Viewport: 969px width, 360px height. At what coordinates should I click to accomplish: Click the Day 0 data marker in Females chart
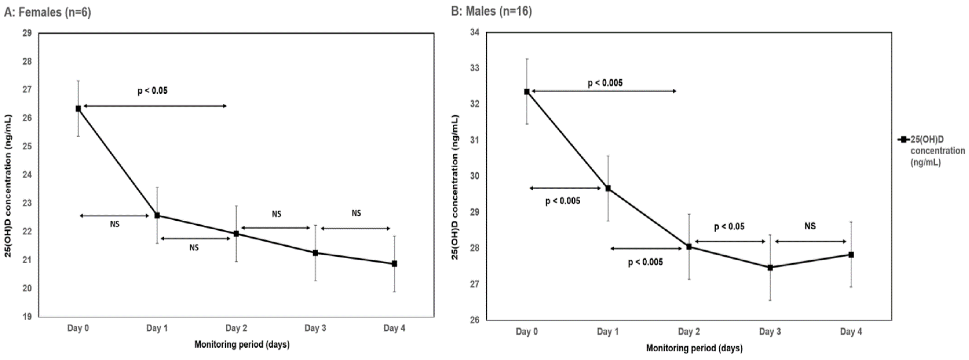pyautogui.click(x=78, y=109)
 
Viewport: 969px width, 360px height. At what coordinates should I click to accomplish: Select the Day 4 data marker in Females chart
pyautogui.click(x=394, y=264)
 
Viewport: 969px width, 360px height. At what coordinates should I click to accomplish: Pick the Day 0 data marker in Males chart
pyautogui.click(x=527, y=91)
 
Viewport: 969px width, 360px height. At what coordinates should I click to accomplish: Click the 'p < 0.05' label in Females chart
pyautogui.click(x=152, y=91)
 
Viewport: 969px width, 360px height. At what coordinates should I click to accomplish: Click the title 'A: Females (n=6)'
pyautogui.click(x=48, y=12)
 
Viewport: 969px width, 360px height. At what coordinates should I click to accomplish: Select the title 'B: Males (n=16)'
pyautogui.click(x=491, y=11)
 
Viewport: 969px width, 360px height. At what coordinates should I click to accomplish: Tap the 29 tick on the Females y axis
pyautogui.click(x=27, y=33)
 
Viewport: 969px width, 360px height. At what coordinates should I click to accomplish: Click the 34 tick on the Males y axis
pyautogui.click(x=475, y=32)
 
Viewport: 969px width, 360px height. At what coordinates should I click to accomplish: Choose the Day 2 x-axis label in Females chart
pyautogui.click(x=236, y=328)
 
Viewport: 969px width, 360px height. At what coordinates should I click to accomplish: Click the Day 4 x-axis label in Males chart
pyautogui.click(x=851, y=331)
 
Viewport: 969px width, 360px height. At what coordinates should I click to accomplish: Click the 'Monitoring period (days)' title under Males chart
pyautogui.click(x=694, y=348)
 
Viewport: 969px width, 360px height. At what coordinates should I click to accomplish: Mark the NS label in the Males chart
pyautogui.click(x=810, y=226)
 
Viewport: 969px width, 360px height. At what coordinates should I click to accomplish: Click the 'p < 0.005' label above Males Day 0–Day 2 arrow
pyautogui.click(x=605, y=83)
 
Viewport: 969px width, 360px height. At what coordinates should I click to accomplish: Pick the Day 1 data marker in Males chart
pyautogui.click(x=608, y=188)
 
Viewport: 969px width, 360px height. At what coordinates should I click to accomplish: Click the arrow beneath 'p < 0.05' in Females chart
pyautogui.click(x=155, y=106)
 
